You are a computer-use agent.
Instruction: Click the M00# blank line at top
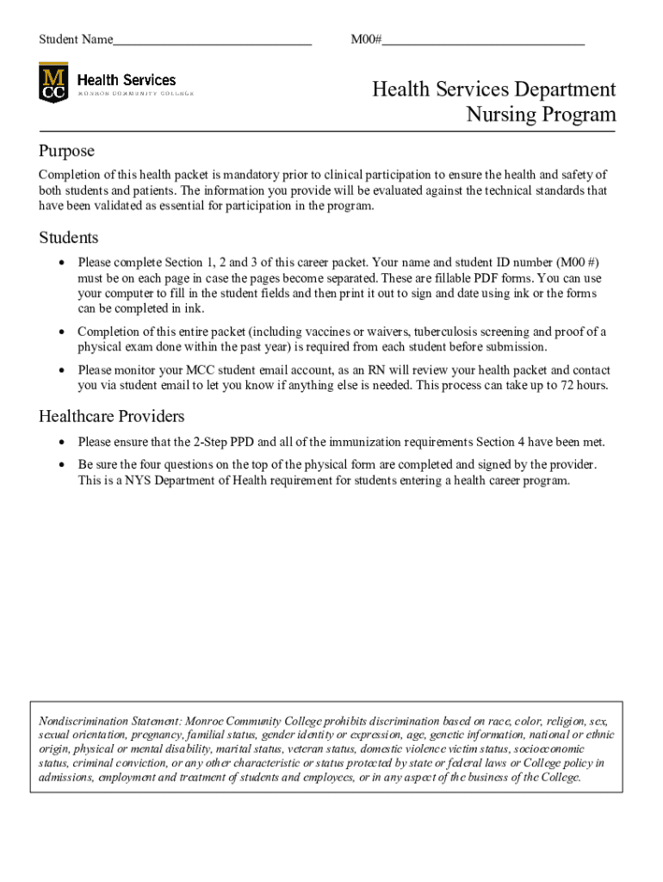tap(484, 40)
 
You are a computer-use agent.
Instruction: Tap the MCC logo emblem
tap(53, 83)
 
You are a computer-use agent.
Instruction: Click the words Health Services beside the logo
tap(127, 79)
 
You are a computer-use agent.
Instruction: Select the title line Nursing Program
tap(541, 115)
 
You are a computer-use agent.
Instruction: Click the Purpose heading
tap(66, 151)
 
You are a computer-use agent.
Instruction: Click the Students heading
tap(69, 238)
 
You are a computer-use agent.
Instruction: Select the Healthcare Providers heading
tap(111, 417)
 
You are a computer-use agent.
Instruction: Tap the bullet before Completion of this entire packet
tap(61, 332)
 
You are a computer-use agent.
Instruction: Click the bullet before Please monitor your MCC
tap(61, 370)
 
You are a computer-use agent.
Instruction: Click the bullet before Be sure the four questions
tap(61, 465)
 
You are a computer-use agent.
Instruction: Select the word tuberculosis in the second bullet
tap(449, 332)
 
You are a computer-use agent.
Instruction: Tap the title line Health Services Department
tap(493, 90)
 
